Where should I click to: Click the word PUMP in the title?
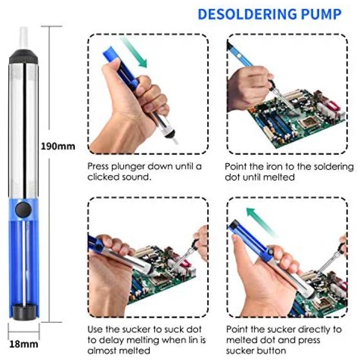321,14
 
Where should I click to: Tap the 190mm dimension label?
58,146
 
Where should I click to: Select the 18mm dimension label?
24,344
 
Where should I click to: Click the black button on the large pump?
23,210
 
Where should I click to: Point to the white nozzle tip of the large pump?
24,38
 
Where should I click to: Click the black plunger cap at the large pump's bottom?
23,312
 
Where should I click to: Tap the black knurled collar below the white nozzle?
23,57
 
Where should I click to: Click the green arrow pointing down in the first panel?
133,52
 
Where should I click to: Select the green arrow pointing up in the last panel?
262,222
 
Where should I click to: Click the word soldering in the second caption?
334,167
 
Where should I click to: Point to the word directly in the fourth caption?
307,330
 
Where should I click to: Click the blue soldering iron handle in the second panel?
240,55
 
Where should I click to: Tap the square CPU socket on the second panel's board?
307,121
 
